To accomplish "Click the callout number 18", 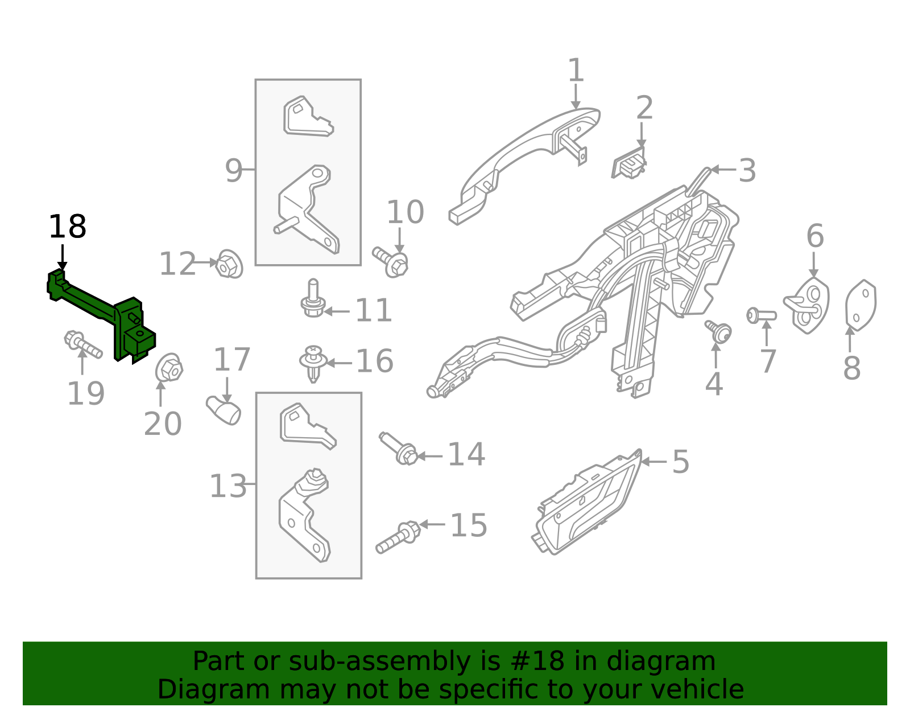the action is click(68, 227).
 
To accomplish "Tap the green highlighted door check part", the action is click(101, 312).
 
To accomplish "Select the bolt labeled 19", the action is click(83, 344).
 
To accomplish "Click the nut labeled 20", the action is click(169, 368).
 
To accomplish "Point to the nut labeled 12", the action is click(229, 264).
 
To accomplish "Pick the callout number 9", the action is click(234, 171).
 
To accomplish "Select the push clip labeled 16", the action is click(313, 363).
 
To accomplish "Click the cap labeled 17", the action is click(224, 410).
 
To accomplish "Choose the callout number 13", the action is click(228, 486).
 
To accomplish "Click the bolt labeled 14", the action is click(398, 449).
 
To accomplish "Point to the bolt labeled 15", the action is click(398, 537).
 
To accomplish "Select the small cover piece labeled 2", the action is click(629, 163).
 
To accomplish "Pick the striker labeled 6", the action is click(806, 306).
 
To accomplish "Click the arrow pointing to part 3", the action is click(723, 170).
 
